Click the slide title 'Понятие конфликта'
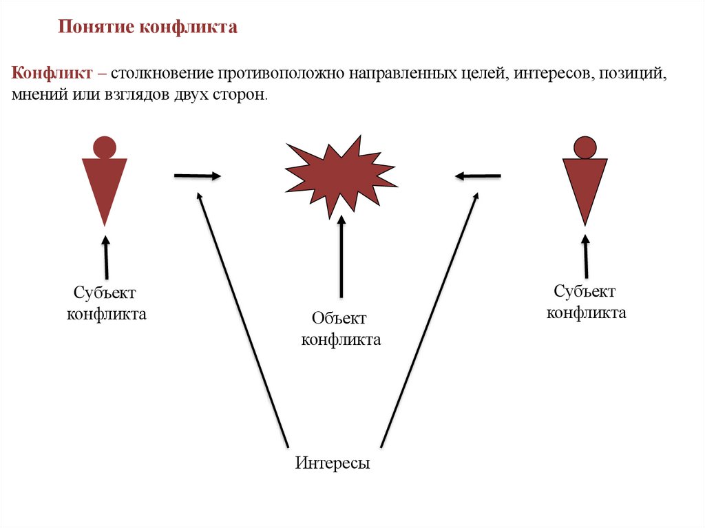[148, 28]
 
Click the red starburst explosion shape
[341, 176]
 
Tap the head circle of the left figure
[104, 147]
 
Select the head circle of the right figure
[585, 147]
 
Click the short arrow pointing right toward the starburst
[197, 176]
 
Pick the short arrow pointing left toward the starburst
[478, 176]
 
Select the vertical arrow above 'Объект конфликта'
[341, 258]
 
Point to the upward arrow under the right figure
[585, 255]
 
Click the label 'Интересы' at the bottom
[333, 463]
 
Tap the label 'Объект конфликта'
[341, 328]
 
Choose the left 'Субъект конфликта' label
[106, 304]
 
